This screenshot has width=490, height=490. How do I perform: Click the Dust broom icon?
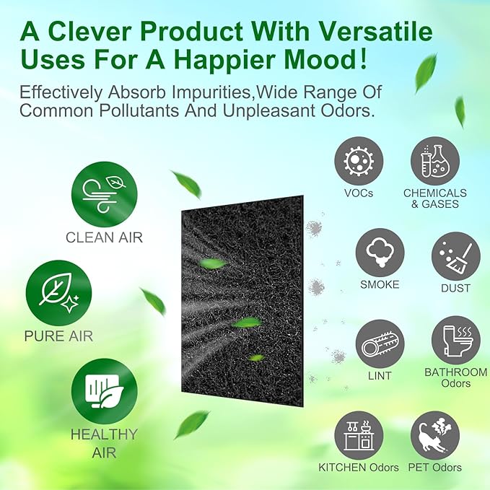tap(456, 255)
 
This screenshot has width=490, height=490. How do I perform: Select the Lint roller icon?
tap(380, 344)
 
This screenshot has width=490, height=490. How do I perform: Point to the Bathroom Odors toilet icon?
tap(455, 340)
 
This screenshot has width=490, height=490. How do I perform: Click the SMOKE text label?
tap(380, 284)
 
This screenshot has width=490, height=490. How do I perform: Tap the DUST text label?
tap(456, 288)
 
